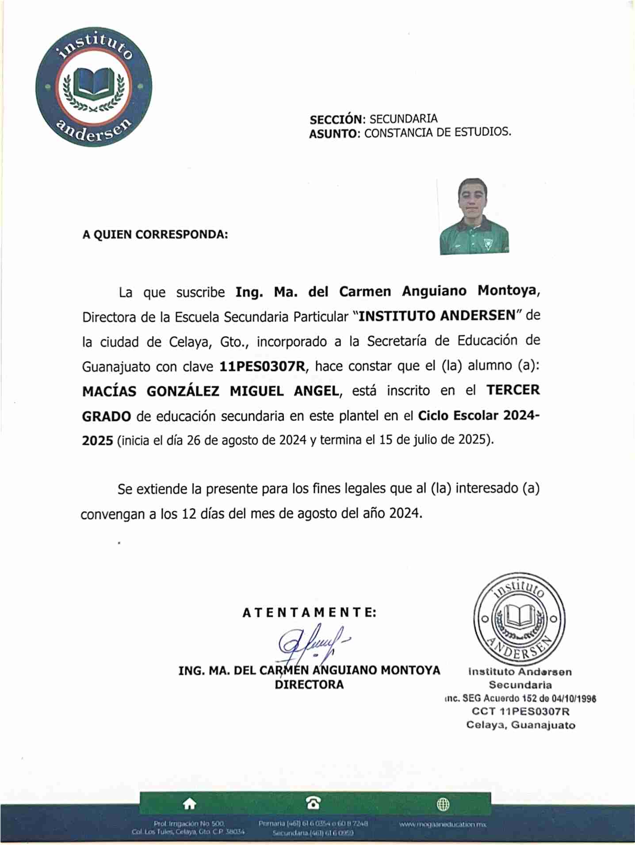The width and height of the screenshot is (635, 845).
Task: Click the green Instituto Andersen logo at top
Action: tap(94, 87)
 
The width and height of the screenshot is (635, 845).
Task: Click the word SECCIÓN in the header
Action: tap(336, 120)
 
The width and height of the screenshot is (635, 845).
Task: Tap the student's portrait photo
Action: tap(474, 216)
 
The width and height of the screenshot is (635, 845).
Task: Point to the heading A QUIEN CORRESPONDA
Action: tap(155, 234)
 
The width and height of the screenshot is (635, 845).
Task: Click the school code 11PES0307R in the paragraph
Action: tap(262, 367)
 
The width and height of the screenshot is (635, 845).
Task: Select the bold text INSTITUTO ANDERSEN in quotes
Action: tap(436, 316)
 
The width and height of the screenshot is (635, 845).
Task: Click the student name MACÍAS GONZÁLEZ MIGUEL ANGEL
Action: tap(210, 391)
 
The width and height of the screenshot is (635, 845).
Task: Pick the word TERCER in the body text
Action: tap(513, 390)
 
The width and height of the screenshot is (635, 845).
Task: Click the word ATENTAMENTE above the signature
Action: tap(309, 613)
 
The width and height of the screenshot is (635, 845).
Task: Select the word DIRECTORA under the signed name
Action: tap(309, 685)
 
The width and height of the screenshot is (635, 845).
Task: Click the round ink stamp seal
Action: tap(519, 619)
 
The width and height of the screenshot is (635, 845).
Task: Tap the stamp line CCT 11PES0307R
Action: tap(520, 711)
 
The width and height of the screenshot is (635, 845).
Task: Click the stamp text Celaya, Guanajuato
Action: tap(520, 725)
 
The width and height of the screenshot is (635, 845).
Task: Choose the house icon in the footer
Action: tap(190, 804)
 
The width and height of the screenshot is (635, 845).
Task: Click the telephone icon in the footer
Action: tap(313, 803)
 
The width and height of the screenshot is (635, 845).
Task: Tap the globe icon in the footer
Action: tap(443, 804)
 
